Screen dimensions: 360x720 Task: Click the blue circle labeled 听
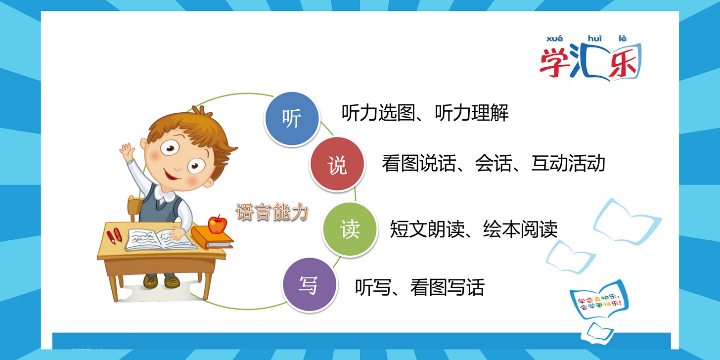point(291,119)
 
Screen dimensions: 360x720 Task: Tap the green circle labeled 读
point(350,229)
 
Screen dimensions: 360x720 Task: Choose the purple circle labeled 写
point(309,285)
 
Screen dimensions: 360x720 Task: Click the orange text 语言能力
point(272,213)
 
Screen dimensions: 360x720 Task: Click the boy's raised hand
point(128,152)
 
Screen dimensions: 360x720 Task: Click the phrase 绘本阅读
point(520,229)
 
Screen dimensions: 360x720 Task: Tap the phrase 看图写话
point(447,287)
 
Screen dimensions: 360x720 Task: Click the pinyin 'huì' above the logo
point(593,39)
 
